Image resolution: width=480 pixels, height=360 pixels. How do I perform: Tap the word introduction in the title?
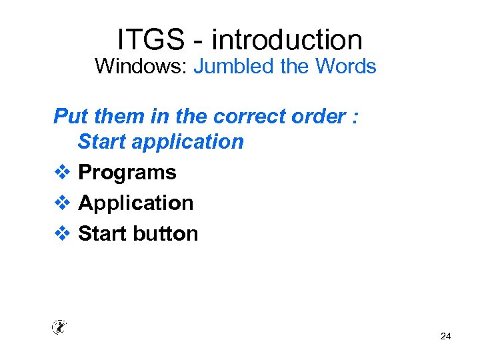click(287, 40)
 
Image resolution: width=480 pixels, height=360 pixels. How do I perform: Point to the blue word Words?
click(346, 67)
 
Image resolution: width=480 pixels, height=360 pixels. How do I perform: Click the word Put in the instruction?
click(69, 116)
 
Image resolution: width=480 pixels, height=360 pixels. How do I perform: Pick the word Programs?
click(127, 173)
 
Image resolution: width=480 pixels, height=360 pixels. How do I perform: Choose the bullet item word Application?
click(136, 203)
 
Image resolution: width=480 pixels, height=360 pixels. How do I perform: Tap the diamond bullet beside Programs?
click(61, 172)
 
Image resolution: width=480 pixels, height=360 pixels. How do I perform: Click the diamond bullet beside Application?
click(61, 203)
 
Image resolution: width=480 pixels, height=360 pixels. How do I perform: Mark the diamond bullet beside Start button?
click(61, 233)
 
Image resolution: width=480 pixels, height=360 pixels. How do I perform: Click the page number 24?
click(445, 337)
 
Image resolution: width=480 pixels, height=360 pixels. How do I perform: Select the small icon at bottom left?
click(59, 327)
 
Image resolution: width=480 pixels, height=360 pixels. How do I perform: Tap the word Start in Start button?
click(103, 233)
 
